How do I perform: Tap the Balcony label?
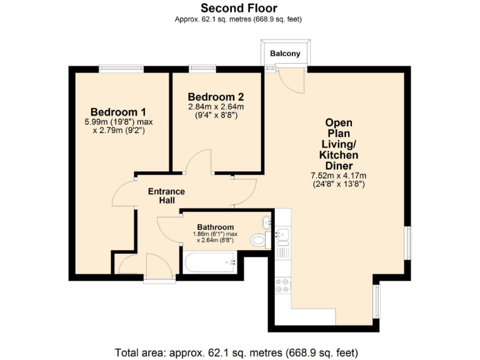pyautogui.click(x=285, y=54)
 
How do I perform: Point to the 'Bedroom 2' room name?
pyautogui.click(x=216, y=97)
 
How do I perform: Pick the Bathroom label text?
pyautogui.click(x=215, y=227)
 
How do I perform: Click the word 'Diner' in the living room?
pyautogui.click(x=338, y=166)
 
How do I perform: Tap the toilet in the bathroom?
pyautogui.click(x=257, y=240)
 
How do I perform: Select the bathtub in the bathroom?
pyautogui.click(x=208, y=262)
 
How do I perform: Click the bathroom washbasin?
pyautogui.click(x=267, y=221)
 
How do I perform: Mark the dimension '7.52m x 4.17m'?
pyautogui.click(x=338, y=176)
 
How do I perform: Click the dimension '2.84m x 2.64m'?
pyautogui.click(x=216, y=107)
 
